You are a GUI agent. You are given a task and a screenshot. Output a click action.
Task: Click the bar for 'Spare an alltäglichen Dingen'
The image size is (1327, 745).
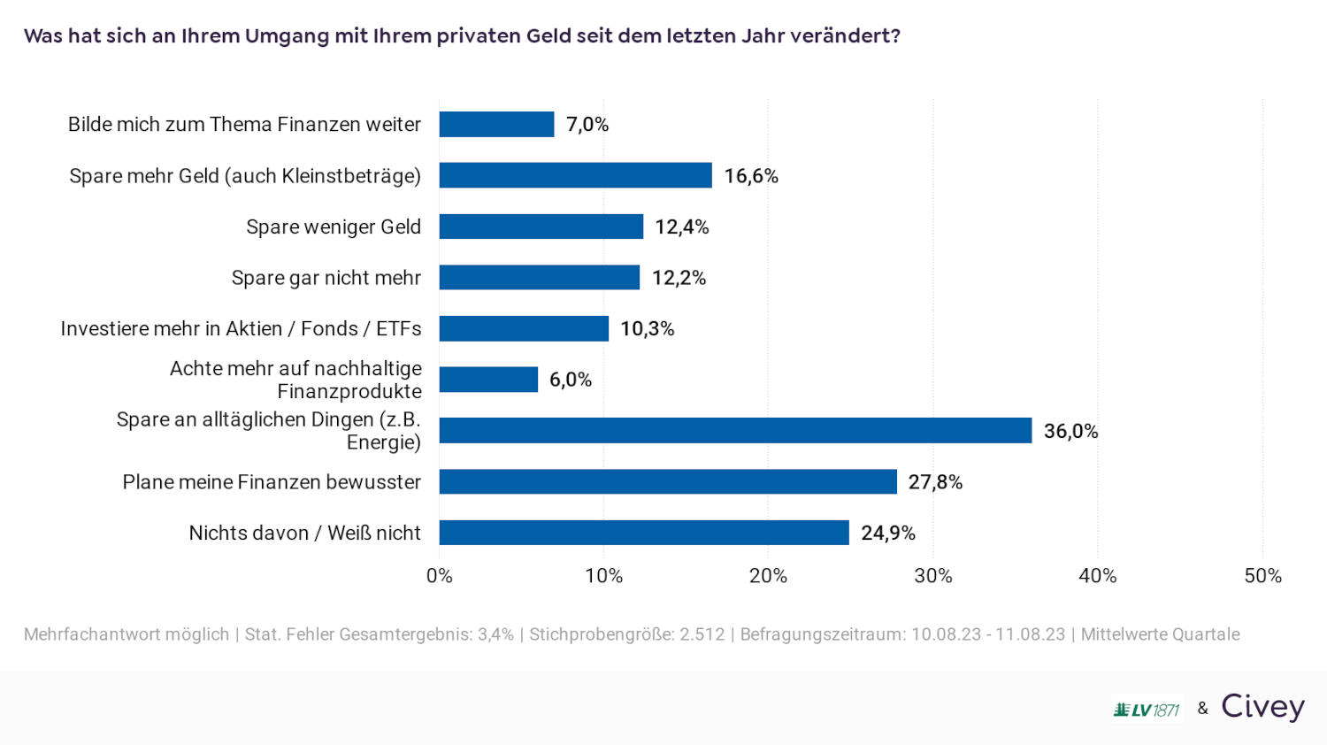pos(735,431)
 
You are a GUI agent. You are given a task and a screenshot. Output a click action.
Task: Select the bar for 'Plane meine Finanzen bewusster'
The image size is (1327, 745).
pos(668,482)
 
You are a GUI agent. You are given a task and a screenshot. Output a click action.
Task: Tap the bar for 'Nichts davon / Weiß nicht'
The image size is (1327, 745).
pos(644,533)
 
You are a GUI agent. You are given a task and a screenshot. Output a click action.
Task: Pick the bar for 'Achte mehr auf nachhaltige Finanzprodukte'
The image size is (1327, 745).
pos(488,380)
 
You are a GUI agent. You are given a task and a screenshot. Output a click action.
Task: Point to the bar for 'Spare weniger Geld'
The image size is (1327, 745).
pos(541,227)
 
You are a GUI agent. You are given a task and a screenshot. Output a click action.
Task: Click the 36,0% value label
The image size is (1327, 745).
pos(1070,432)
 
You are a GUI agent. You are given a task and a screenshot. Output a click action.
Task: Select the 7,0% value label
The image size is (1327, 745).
pos(587,125)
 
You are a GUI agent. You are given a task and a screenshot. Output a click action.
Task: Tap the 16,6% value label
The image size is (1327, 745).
pos(751,176)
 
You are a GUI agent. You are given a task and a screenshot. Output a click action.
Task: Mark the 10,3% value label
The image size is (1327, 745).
pos(647,329)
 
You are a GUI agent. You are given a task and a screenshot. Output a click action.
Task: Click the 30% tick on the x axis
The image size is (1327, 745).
pos(932,576)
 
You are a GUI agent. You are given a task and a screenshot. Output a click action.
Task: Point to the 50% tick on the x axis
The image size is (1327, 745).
pos(1262,576)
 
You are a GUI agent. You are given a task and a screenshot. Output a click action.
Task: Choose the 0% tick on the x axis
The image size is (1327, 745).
pos(440,576)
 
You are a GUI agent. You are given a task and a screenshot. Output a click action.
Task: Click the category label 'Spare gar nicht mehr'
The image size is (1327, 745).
pos(326,278)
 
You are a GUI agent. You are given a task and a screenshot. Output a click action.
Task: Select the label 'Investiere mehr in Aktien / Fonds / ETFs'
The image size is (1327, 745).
pos(241,329)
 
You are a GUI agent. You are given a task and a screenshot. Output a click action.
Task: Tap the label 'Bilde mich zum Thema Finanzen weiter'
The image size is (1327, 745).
pos(244,125)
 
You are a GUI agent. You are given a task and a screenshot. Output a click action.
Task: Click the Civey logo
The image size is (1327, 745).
pos(1262,707)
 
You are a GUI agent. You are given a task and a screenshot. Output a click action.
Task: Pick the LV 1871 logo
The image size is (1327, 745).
pos(1147,710)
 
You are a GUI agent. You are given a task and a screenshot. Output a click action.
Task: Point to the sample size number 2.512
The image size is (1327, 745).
pos(702,634)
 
